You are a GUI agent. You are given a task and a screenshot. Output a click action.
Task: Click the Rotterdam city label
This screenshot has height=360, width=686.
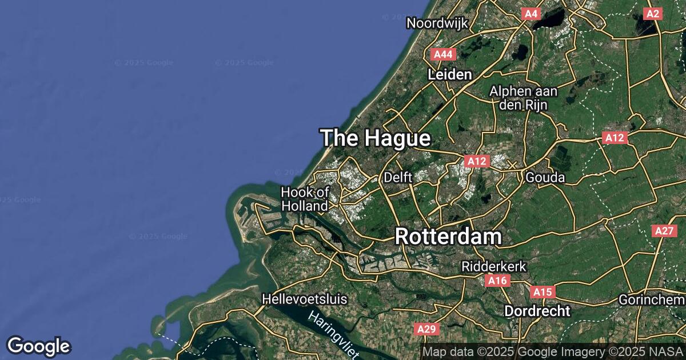pos(448,236)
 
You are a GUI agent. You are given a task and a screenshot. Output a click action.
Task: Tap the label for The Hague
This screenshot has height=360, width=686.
pos(375,138)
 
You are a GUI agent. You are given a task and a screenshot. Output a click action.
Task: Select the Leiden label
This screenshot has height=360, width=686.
pos(450,74)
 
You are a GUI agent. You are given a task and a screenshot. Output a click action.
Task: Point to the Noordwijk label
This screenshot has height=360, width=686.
pos(437,23)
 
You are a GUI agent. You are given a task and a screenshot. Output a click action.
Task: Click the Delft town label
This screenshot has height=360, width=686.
pos(398,177)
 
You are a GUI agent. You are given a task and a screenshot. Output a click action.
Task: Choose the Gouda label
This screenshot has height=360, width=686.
pos(545,177)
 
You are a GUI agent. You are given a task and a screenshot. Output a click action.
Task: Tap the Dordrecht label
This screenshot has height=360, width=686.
pos(537,311)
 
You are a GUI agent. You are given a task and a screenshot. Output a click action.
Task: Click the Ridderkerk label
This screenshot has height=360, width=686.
pos(486,266)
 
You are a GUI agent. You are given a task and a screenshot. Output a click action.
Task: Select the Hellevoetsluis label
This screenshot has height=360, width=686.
pos(305,298)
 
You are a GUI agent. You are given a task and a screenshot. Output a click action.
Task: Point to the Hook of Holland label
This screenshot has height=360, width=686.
pos(305,199)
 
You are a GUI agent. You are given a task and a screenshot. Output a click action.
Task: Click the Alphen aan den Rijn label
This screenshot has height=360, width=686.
pos(524,98)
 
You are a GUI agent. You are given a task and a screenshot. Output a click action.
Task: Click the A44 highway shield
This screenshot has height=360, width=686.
pos(443,54)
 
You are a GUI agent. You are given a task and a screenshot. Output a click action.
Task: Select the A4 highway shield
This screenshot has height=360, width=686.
pos(531,13)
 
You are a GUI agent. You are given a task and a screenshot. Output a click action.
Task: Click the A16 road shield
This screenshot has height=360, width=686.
pos(497,281)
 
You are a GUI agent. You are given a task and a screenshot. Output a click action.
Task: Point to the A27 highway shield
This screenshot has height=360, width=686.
pos(664,231)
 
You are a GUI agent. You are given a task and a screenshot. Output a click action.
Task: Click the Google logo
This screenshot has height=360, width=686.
pos(38,346)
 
